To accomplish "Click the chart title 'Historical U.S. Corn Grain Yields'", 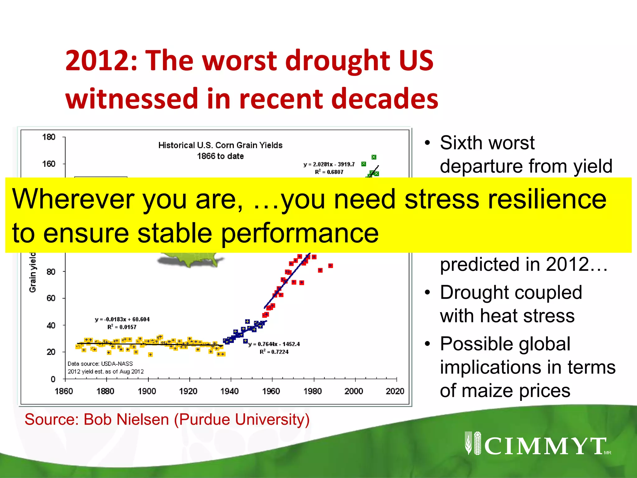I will [x=220, y=145].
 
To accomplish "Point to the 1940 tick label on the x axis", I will [x=230, y=391].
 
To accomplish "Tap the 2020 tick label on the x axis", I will [x=395, y=391].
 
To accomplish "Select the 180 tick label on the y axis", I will [x=49, y=137].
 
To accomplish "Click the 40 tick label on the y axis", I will [x=51, y=326].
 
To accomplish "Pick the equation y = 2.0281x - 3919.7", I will [x=329, y=164].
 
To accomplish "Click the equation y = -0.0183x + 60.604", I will [x=122, y=319].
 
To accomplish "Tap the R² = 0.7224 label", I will [x=274, y=352].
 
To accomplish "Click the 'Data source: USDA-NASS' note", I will [x=100, y=364].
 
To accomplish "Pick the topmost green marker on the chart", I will [x=374, y=157].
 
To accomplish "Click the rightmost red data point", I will [x=331, y=266].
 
